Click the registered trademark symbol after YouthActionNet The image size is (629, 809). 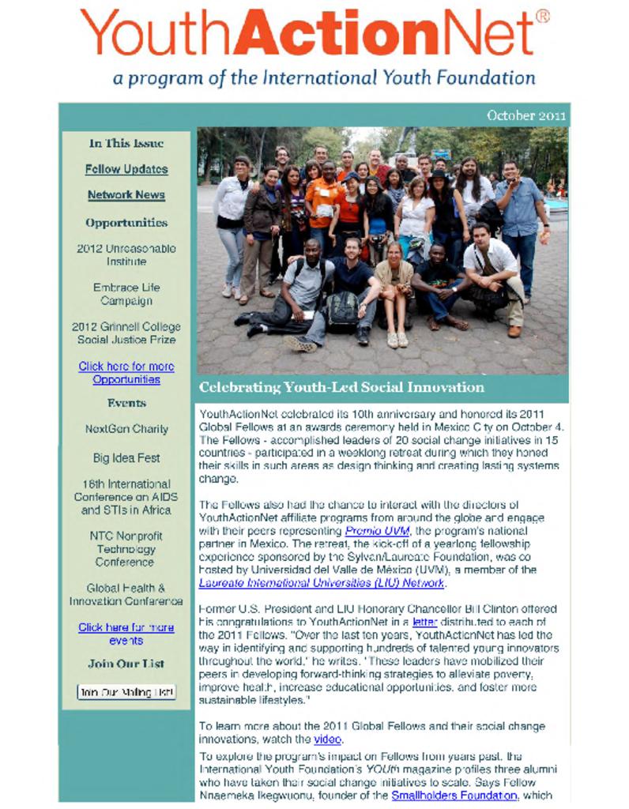pyautogui.click(x=542, y=16)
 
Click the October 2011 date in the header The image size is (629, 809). pyautogui.click(x=526, y=115)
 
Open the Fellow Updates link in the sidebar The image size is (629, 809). pyautogui.click(x=126, y=169)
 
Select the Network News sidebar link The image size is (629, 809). pyautogui.click(x=126, y=195)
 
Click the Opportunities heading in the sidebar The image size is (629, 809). pyautogui.click(x=126, y=223)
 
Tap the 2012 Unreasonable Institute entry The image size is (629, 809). pyautogui.click(x=126, y=254)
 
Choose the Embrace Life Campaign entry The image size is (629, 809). pyautogui.click(x=126, y=294)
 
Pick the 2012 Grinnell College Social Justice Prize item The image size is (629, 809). pyautogui.click(x=126, y=333)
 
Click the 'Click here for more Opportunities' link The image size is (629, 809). pyautogui.click(x=126, y=373)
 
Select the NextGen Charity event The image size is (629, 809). pyautogui.click(x=126, y=429)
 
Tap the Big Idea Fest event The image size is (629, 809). pyautogui.click(x=126, y=457)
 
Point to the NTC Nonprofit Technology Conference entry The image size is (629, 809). pyautogui.click(x=126, y=548)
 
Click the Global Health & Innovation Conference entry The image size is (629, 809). pyautogui.click(x=126, y=594)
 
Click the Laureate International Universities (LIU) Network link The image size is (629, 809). pyautogui.click(x=322, y=583)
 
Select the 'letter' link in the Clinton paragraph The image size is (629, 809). pyautogui.click(x=424, y=623)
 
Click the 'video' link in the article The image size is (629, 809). pyautogui.click(x=327, y=739)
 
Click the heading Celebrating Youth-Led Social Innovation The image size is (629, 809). pyautogui.click(x=341, y=387)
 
